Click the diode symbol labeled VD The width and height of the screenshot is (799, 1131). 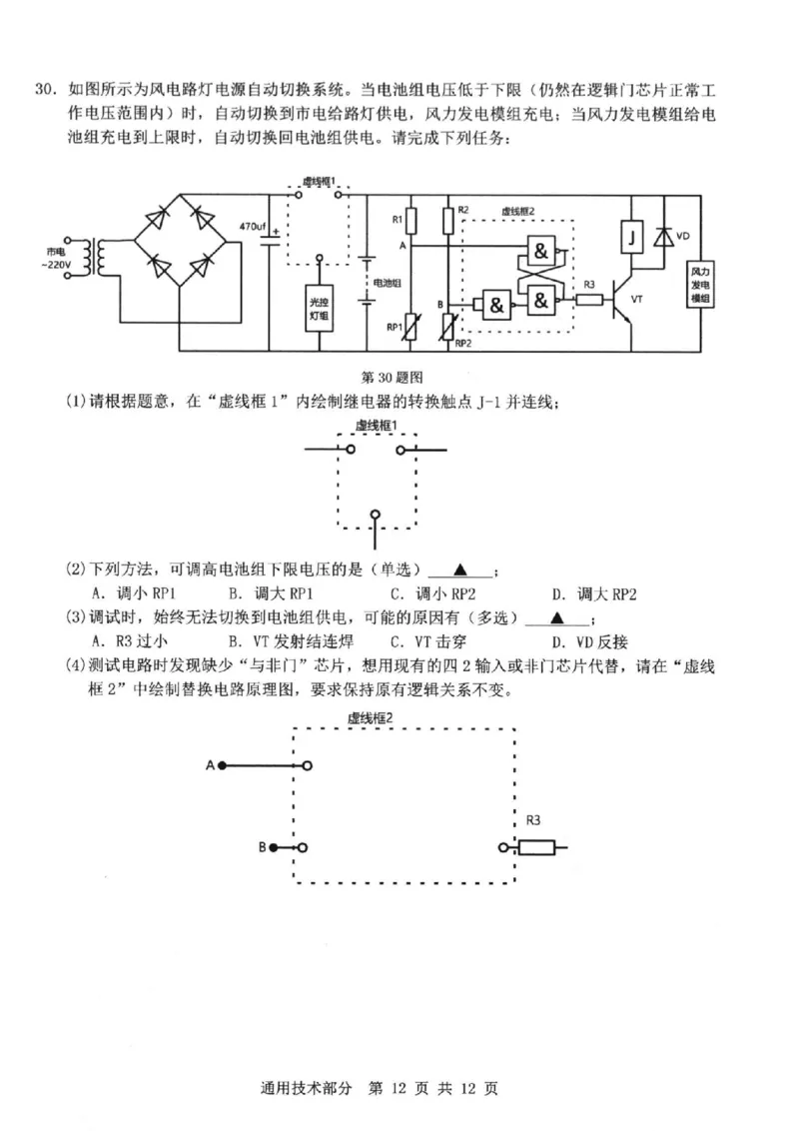(x=662, y=238)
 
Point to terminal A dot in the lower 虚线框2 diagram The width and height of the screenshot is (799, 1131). (x=223, y=765)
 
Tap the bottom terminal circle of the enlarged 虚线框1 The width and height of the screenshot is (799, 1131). (x=376, y=515)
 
